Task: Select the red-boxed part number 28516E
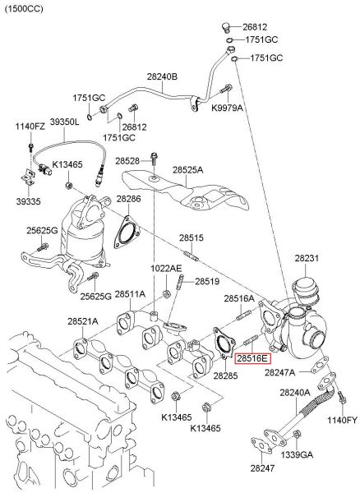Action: pyautogui.click(x=252, y=358)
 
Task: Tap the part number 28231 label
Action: pyautogui.click(x=307, y=259)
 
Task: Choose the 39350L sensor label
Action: pyautogui.click(x=65, y=122)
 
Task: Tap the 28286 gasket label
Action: pyautogui.click(x=127, y=199)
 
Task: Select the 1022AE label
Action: pyautogui.click(x=165, y=268)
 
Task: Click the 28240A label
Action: pyautogui.click(x=294, y=393)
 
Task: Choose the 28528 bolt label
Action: pyautogui.click(x=127, y=160)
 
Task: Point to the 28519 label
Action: pyautogui.click(x=207, y=281)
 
